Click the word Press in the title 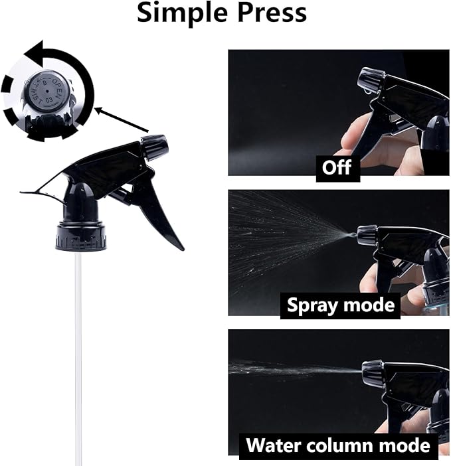(272, 13)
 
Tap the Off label (337, 167)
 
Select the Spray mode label (340, 305)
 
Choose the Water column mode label (339, 444)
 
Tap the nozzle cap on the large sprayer (154, 147)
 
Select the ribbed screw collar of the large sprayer (82, 236)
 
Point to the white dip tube (78, 352)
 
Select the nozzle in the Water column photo (371, 372)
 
